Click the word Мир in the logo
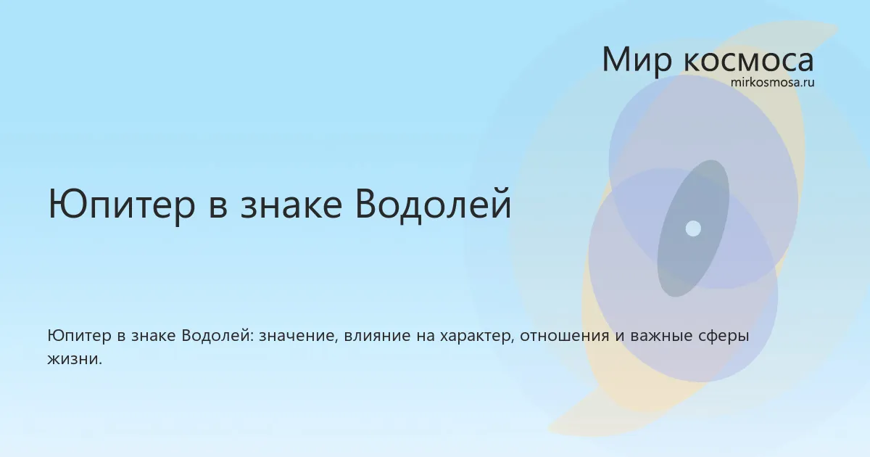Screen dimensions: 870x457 pyautogui.click(x=637, y=61)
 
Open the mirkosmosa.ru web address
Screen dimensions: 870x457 pyautogui.click(x=773, y=83)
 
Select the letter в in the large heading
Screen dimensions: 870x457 pyautogui.click(x=218, y=209)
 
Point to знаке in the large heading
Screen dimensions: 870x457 pyautogui.click(x=291, y=209)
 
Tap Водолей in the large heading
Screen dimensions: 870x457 pyautogui.click(x=433, y=204)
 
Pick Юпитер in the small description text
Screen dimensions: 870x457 pyautogui.click(x=79, y=336)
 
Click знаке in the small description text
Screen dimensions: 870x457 pyautogui.click(x=154, y=336)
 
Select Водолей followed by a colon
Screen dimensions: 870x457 pyautogui.click(x=217, y=336)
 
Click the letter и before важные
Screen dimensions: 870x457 pyautogui.click(x=620, y=337)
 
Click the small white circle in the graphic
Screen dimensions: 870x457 pyautogui.click(x=693, y=228)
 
